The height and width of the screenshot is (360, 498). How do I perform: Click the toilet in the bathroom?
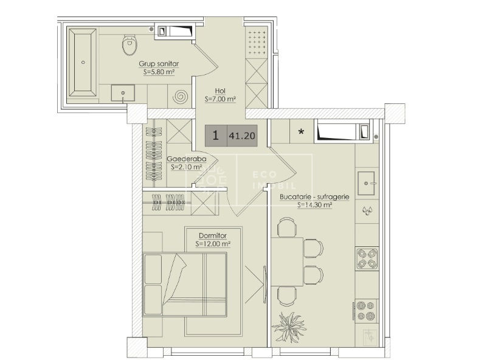[130, 45]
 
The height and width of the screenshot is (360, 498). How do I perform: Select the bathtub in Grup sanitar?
[83, 63]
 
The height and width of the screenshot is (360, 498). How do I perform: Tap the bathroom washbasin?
[123, 93]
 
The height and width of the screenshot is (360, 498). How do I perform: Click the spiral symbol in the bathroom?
[180, 96]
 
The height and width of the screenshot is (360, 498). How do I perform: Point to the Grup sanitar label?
[159, 64]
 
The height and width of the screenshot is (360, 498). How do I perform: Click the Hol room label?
[220, 91]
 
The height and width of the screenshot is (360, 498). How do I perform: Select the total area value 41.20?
[242, 136]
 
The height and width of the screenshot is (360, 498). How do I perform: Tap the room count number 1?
[216, 136]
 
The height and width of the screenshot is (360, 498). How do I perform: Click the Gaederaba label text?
[187, 159]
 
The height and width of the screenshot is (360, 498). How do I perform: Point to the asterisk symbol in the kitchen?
[301, 131]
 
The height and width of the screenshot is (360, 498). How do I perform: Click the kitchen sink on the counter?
[366, 183]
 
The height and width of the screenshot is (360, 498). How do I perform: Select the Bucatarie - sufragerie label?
[314, 196]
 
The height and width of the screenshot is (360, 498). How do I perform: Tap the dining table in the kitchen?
[287, 262]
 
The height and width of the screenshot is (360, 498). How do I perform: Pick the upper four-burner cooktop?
[367, 258]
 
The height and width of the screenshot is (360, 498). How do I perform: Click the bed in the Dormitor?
[185, 285]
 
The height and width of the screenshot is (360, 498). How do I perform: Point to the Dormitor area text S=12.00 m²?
[213, 244]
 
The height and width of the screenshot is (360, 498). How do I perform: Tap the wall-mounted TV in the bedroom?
[265, 285]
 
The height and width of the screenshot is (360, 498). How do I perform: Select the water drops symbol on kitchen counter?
[367, 210]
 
